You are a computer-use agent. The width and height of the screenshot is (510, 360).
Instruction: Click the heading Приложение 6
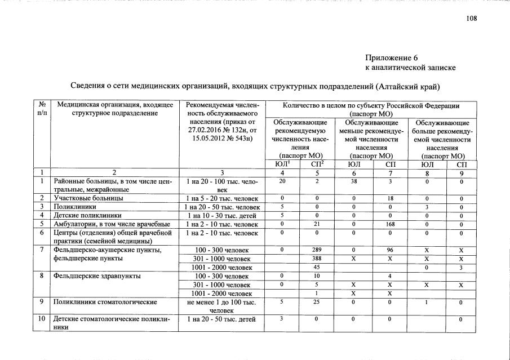pos(391,58)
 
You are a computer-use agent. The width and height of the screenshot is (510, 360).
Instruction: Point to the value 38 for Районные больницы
pos(354,181)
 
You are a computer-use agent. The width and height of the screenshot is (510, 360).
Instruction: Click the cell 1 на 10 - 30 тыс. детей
pos(221,216)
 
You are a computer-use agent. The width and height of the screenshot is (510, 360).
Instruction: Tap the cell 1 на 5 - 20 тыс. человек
pos(221,198)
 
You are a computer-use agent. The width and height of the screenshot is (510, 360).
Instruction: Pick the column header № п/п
pos(42,109)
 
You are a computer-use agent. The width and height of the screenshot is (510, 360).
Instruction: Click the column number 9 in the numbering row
pos(461,172)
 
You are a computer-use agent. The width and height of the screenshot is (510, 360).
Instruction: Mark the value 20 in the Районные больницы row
pos(282,181)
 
